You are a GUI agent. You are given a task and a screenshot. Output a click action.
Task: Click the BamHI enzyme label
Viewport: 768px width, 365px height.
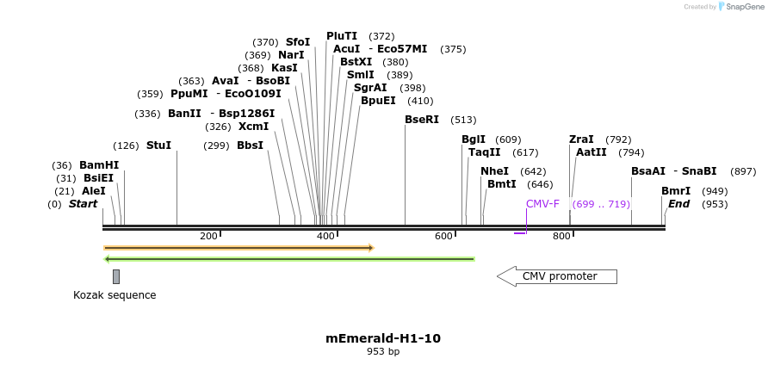(x=99, y=165)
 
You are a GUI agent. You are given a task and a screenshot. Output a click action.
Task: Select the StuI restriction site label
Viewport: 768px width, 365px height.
(x=158, y=145)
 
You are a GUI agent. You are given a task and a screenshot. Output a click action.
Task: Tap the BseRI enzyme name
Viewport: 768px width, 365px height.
(x=422, y=120)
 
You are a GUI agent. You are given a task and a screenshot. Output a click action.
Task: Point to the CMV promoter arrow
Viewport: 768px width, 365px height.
(x=557, y=276)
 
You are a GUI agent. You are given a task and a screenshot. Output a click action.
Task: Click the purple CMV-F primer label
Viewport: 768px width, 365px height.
(x=542, y=204)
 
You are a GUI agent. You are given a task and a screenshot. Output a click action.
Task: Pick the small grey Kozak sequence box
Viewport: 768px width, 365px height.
(x=116, y=276)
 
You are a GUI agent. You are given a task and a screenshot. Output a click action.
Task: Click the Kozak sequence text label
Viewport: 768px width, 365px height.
(x=115, y=295)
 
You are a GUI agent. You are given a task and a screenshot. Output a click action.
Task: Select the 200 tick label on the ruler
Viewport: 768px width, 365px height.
(x=208, y=237)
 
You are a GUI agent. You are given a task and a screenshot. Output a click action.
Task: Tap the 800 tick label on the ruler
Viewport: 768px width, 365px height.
(x=561, y=237)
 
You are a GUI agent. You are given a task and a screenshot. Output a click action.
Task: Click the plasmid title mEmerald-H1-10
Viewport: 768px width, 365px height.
(x=383, y=338)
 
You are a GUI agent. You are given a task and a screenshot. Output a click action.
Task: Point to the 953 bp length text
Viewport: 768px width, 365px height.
(x=383, y=351)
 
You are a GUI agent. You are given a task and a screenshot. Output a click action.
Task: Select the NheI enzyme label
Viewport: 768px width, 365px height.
(x=494, y=171)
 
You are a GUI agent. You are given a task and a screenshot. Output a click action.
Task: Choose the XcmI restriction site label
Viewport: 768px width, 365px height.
(x=253, y=127)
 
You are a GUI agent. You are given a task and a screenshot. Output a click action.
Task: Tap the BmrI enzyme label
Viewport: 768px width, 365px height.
(x=676, y=191)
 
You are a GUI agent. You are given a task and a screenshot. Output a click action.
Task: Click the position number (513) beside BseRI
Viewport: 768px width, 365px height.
(x=463, y=120)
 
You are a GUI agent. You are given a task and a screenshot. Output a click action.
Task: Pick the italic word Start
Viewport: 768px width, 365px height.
(x=83, y=204)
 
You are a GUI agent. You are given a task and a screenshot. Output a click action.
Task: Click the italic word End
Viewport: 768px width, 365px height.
(x=679, y=204)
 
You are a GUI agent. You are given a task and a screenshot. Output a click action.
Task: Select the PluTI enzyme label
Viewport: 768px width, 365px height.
(x=342, y=36)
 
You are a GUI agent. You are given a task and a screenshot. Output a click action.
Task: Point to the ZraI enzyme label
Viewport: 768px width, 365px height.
(x=581, y=139)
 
